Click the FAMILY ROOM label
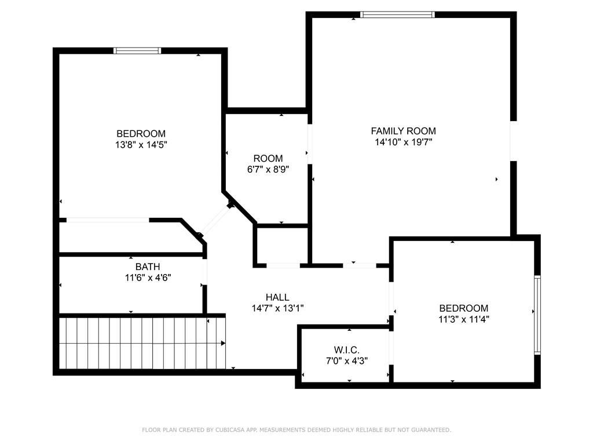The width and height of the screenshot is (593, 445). pyautogui.click(x=403, y=132)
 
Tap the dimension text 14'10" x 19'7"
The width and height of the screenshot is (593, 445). pyautogui.click(x=404, y=143)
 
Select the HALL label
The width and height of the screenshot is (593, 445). pyautogui.click(x=277, y=297)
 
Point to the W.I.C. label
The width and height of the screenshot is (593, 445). pyautogui.click(x=347, y=350)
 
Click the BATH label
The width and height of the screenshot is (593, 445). pyautogui.click(x=148, y=267)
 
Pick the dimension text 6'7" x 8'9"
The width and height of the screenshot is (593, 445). pyautogui.click(x=268, y=170)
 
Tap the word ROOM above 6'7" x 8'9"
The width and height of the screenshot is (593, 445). pyautogui.click(x=268, y=159)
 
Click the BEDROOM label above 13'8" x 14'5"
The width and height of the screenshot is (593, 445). pyautogui.click(x=141, y=134)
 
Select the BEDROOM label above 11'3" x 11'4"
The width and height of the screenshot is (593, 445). pyautogui.click(x=464, y=308)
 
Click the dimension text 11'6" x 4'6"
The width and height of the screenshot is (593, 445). pyautogui.click(x=148, y=278)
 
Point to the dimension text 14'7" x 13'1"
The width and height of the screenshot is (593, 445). pyautogui.click(x=278, y=308)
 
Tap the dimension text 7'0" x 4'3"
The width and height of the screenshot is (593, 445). pyautogui.click(x=347, y=361)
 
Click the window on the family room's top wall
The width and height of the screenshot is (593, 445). pyautogui.click(x=397, y=14)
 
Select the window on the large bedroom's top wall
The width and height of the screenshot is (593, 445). pyautogui.click(x=137, y=51)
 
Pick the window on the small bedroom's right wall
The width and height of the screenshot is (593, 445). pyautogui.click(x=537, y=315)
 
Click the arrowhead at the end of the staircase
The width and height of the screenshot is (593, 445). pyautogui.click(x=223, y=344)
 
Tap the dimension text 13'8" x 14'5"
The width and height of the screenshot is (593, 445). pyautogui.click(x=141, y=145)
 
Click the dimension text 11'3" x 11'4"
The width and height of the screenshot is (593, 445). pyautogui.click(x=464, y=319)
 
